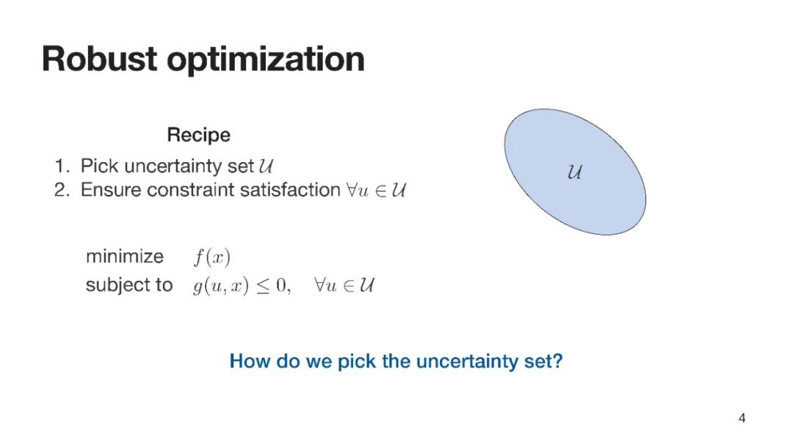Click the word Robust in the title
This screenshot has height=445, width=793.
100,59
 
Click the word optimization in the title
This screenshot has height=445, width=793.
266,61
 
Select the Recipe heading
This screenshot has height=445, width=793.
199,136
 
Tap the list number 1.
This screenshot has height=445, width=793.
61,166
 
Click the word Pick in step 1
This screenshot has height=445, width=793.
100,166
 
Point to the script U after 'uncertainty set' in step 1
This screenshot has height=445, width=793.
266,166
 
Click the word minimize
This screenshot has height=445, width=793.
125,257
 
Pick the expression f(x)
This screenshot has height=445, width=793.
212,257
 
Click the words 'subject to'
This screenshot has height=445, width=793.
129,285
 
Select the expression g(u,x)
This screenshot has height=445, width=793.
221,286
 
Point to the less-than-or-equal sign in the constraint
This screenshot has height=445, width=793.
263,287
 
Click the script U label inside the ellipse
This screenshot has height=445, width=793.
574,172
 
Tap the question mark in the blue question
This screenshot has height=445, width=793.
558,361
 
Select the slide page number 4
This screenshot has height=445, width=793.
742,418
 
